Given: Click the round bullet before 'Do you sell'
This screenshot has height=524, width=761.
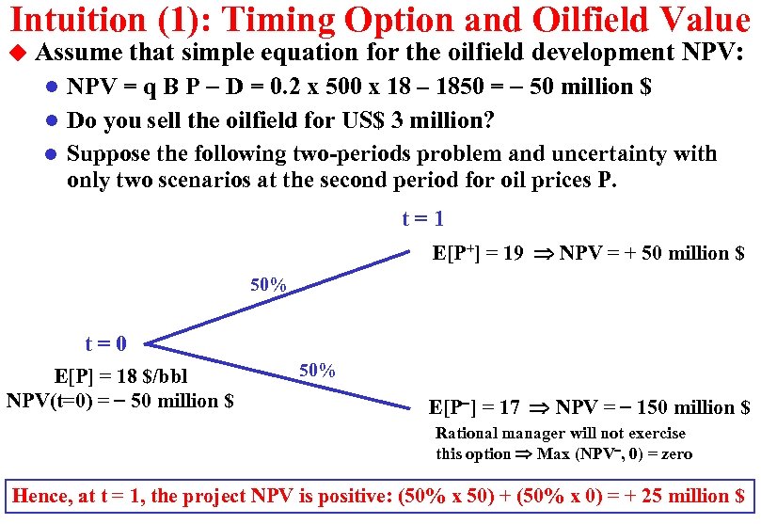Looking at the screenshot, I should click(54, 120).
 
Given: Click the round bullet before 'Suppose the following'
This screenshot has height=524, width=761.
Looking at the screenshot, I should click(54, 154).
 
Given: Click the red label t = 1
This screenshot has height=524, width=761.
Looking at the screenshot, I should click(422, 219).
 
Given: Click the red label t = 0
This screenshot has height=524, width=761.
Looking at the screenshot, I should click(106, 344).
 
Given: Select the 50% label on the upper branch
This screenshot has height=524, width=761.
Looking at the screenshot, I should click(268, 284).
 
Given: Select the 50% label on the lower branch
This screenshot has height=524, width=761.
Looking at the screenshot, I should click(317, 370).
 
